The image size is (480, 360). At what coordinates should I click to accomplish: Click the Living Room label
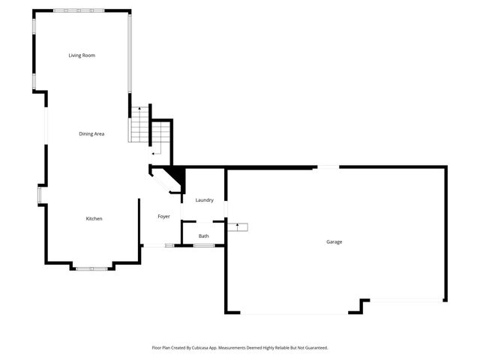(x=82, y=55)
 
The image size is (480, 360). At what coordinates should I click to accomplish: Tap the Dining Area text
(x=91, y=134)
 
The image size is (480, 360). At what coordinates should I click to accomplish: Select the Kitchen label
(x=94, y=218)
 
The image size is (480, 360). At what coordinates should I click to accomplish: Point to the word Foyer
(x=163, y=217)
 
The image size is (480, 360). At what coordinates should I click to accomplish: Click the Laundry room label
(x=205, y=200)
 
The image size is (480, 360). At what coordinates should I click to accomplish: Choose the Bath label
(x=204, y=236)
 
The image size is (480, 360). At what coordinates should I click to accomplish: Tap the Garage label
(x=334, y=241)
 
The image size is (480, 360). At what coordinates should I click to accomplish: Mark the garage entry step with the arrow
(x=238, y=226)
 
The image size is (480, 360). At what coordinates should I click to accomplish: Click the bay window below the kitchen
(x=91, y=267)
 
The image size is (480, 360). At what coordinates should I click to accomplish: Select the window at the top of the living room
(x=79, y=10)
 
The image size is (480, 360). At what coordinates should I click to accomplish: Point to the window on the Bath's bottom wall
(x=204, y=245)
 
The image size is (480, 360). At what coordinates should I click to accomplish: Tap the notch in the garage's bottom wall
(x=363, y=305)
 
